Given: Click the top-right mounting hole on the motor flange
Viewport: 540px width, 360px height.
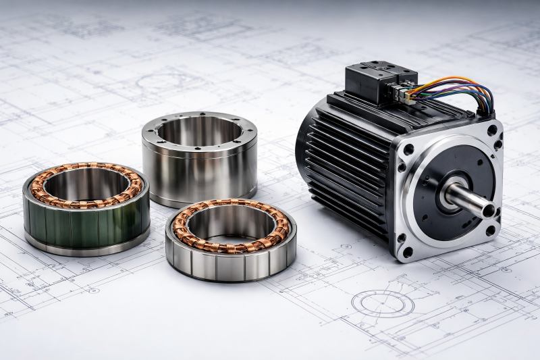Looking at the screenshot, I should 492,130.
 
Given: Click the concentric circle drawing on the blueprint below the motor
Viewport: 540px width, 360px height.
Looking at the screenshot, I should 383,303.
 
